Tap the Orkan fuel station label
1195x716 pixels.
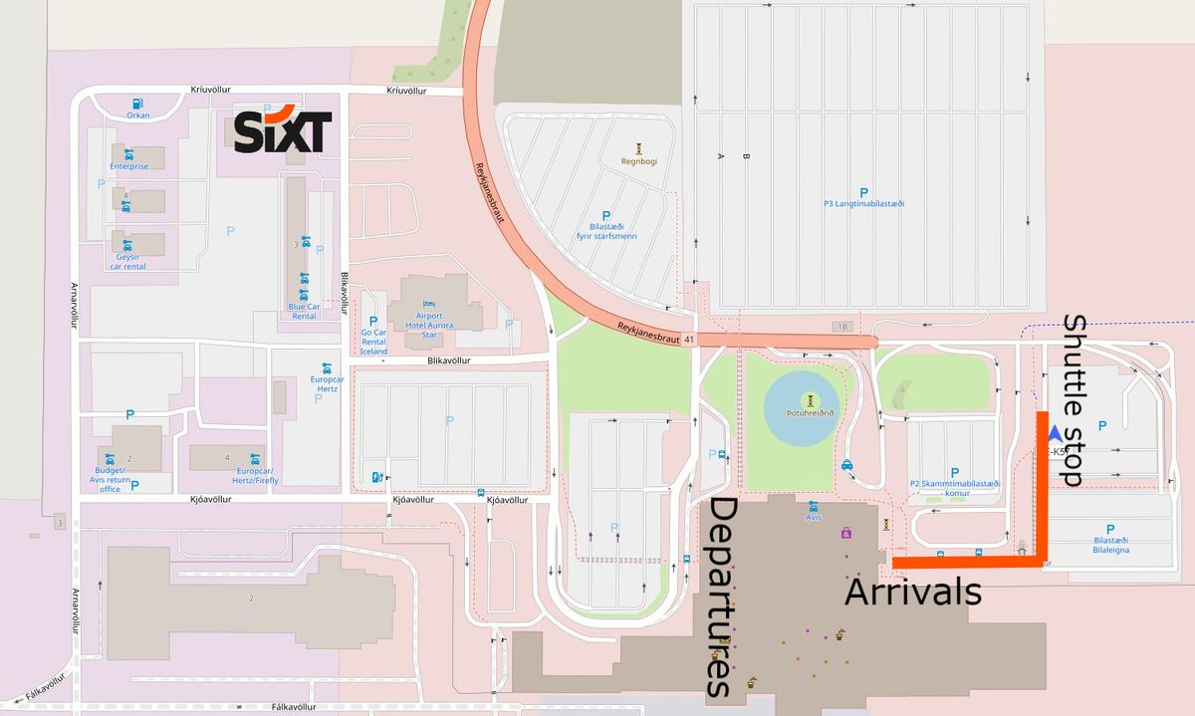tap(137, 116)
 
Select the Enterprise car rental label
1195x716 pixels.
tap(129, 166)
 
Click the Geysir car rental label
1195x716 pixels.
tap(126, 262)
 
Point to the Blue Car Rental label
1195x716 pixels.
tap(304, 311)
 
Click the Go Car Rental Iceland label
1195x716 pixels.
tap(373, 342)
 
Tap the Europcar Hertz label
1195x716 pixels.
tap(327, 385)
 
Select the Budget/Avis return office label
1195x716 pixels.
tap(111, 479)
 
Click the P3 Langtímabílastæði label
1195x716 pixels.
tap(863, 203)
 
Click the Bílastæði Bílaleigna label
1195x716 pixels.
tap(1109, 544)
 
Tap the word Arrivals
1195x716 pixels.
tap(913, 593)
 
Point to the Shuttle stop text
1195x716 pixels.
tap(1073, 400)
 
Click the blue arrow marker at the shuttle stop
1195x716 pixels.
tap(1055, 434)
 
